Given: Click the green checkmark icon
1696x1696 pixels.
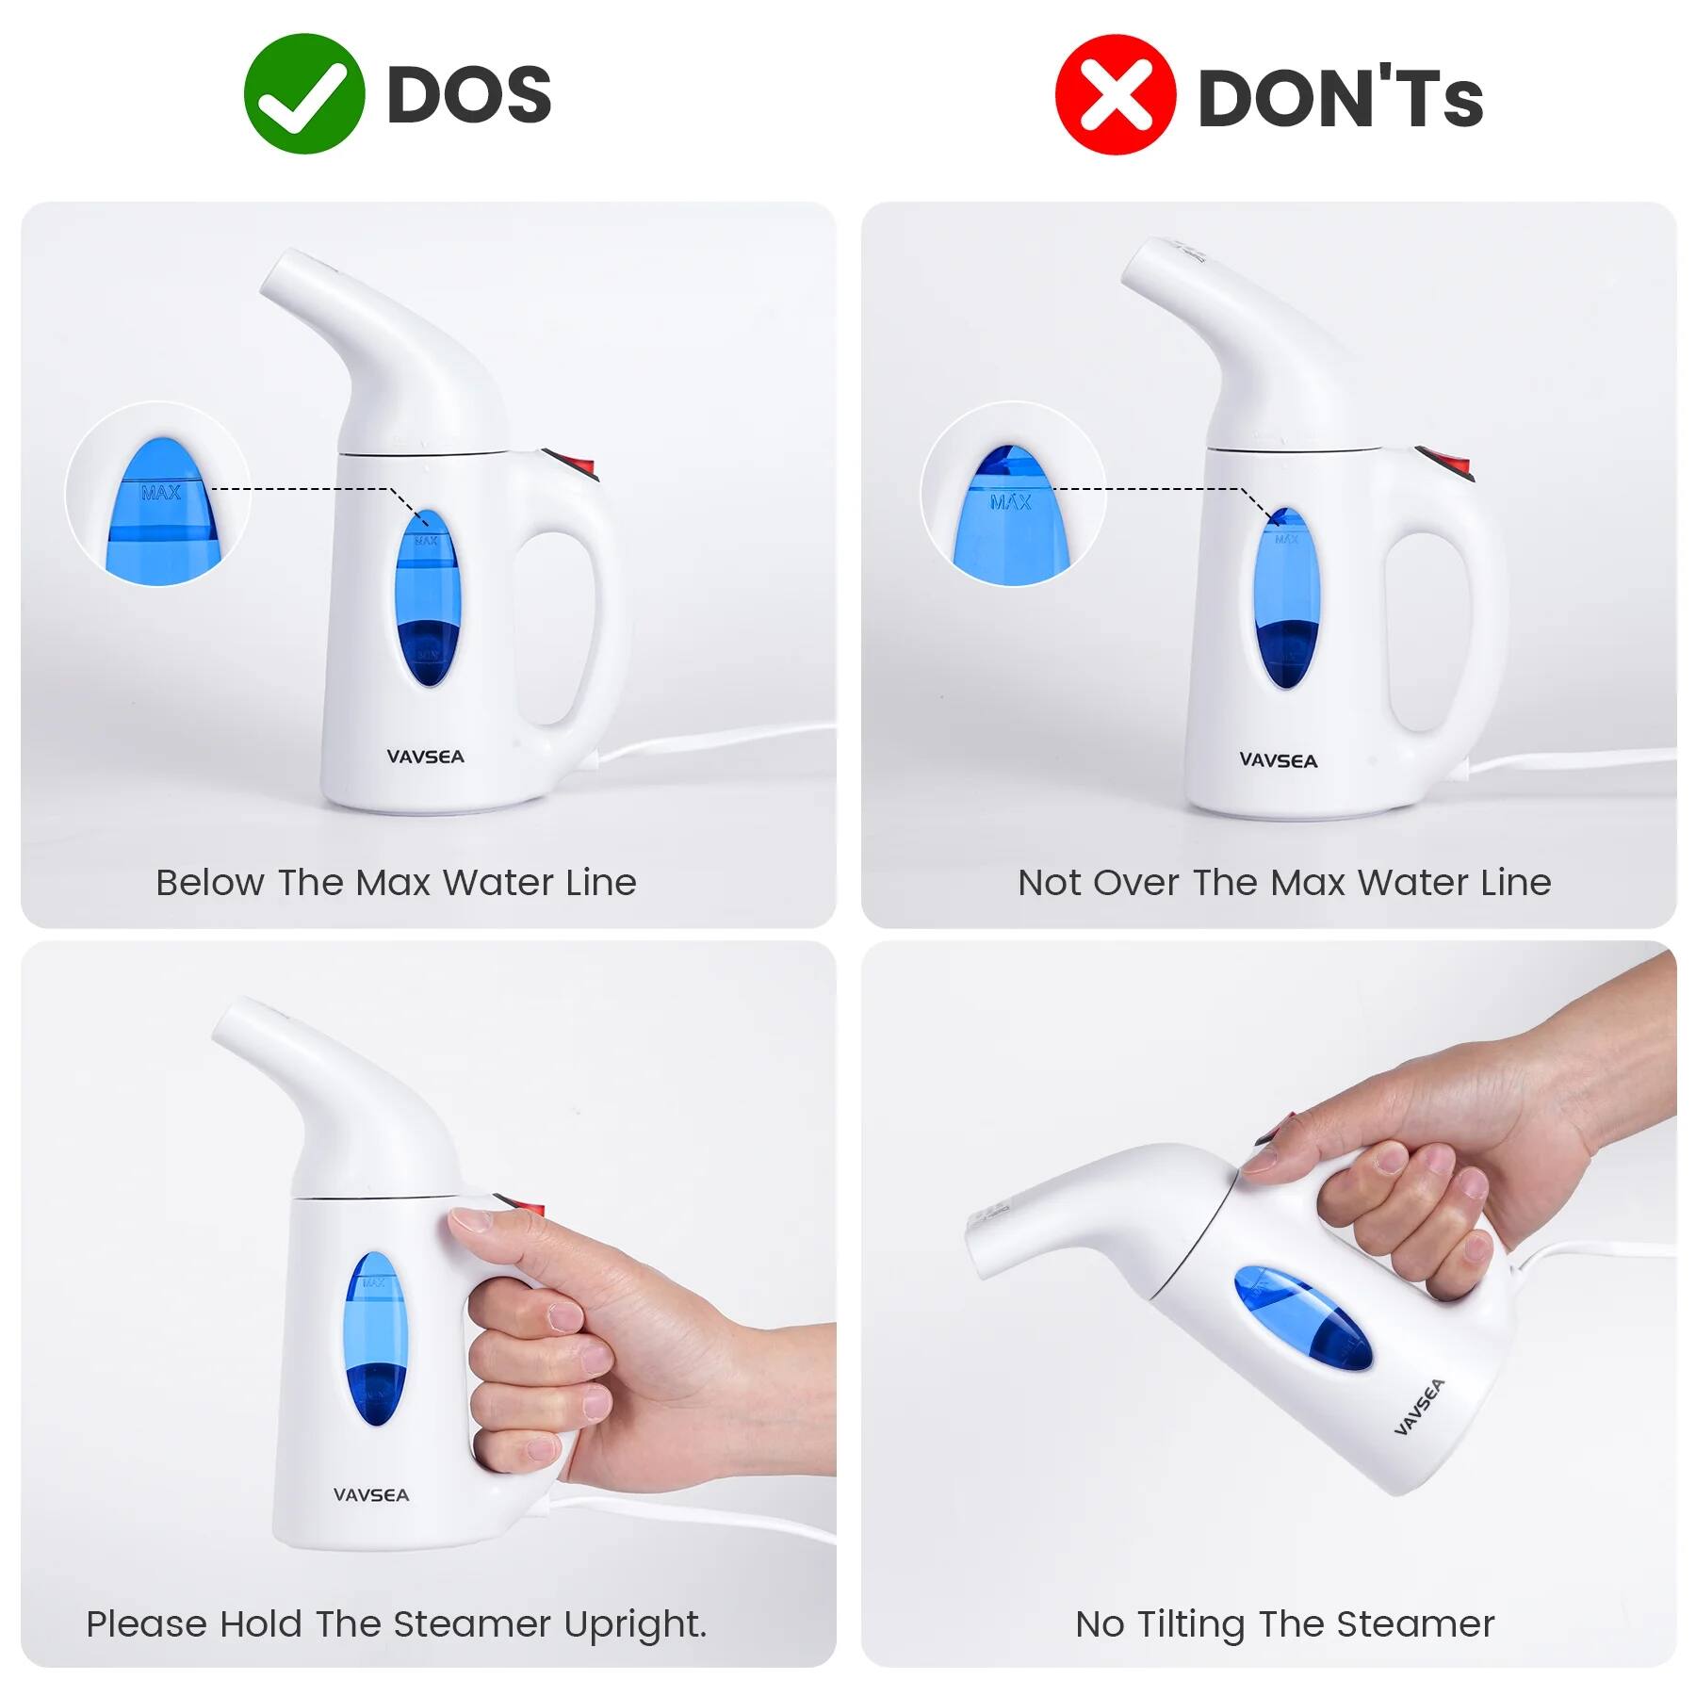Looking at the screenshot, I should pyautogui.click(x=303, y=94).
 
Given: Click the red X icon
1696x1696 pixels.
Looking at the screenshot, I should pyautogui.click(x=1115, y=95).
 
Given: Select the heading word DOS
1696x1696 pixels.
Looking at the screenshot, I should pyautogui.click(x=468, y=95).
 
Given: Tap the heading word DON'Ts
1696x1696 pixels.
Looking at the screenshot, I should pyautogui.click(x=1340, y=97).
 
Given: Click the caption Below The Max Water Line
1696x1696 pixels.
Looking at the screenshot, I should pyautogui.click(x=396, y=883).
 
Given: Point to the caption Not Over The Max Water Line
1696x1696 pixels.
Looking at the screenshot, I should pyautogui.click(x=1283, y=883).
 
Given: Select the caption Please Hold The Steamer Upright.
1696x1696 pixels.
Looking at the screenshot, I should pyautogui.click(x=396, y=1623).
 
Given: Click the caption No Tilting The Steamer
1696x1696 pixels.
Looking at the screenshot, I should pyautogui.click(x=1284, y=1623).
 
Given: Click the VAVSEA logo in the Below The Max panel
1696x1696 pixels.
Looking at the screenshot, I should pyautogui.click(x=425, y=757).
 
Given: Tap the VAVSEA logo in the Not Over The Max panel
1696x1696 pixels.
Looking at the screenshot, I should pyautogui.click(x=1278, y=760).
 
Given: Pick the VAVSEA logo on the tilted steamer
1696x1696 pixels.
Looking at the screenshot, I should pyautogui.click(x=1418, y=1407).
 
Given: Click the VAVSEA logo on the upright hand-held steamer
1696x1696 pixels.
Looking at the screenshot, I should pyautogui.click(x=371, y=1494).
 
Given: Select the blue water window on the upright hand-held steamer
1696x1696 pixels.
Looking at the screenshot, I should pyautogui.click(x=376, y=1338).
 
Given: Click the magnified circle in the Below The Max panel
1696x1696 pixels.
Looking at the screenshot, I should pyautogui.click(x=157, y=494).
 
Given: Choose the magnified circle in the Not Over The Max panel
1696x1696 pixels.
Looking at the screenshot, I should pyautogui.click(x=1012, y=494).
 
